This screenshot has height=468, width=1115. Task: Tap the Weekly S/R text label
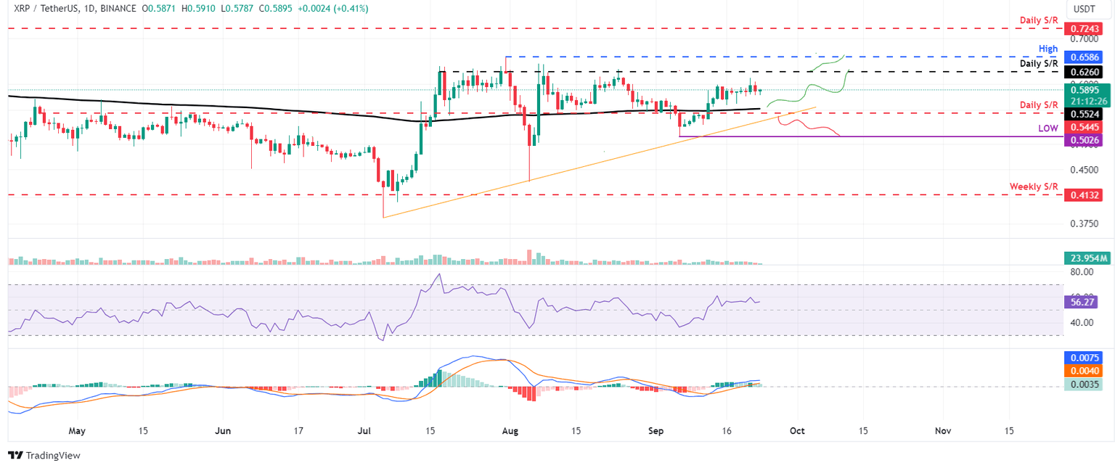(1034, 186)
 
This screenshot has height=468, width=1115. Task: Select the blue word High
(1048, 47)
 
